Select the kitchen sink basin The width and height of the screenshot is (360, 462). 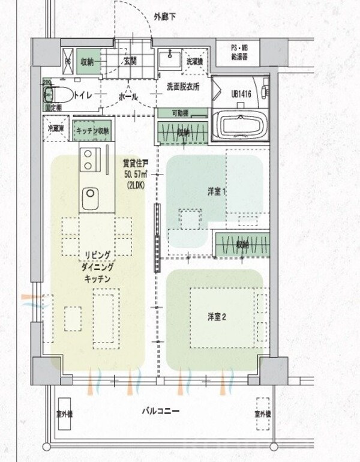pos(91,193)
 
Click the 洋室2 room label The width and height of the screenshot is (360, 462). pos(217,317)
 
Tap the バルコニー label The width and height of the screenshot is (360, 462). pos(161,411)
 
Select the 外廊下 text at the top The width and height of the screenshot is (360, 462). pos(165,17)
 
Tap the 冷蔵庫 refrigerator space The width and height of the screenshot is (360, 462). pos(55,128)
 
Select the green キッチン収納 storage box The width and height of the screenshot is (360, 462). pos(92,130)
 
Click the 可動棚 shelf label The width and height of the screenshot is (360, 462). pos(182,112)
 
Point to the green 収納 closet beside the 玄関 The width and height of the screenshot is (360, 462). pos(87,60)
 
